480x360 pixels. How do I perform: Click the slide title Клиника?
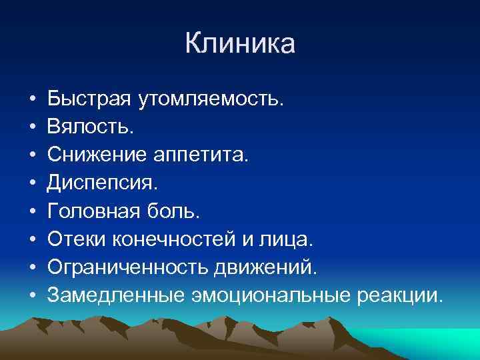click(x=240, y=44)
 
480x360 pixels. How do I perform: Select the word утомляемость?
click(x=211, y=100)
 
